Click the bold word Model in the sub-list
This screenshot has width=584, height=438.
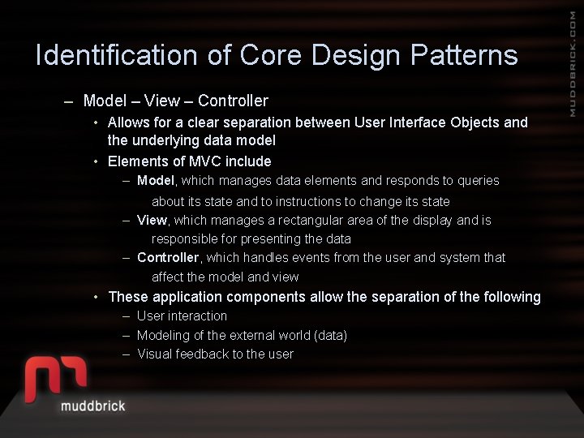155,180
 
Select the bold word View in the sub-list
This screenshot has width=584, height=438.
152,220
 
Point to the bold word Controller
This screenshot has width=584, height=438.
168,257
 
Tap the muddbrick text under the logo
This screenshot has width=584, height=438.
92,405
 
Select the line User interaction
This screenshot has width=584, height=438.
182,316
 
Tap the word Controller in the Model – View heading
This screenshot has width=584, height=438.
233,101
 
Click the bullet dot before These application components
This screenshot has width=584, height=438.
97,297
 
